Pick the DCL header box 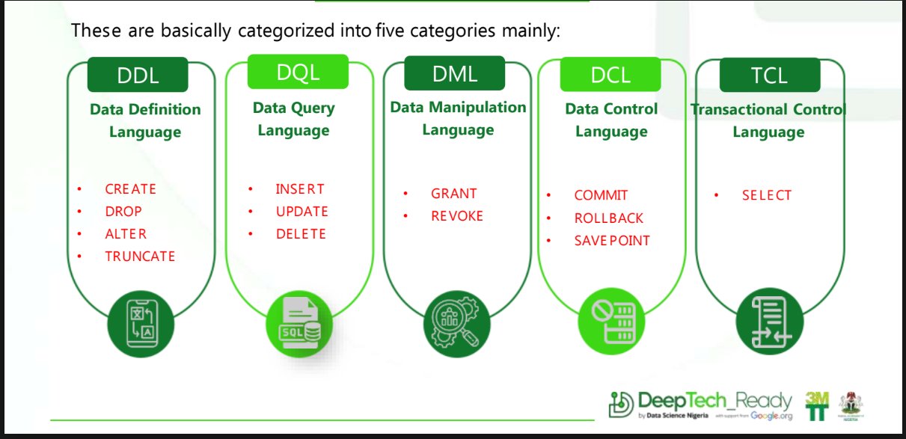(x=610, y=75)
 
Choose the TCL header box (x=769, y=76)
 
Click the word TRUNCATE (x=140, y=257)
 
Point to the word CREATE (x=130, y=189)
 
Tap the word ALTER (x=126, y=234)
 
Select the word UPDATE (x=302, y=212)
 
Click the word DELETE (x=301, y=234)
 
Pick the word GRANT (x=453, y=194)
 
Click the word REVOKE (x=456, y=216)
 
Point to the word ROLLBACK (x=608, y=218)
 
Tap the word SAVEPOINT (x=612, y=241)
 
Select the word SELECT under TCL (x=766, y=196)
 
